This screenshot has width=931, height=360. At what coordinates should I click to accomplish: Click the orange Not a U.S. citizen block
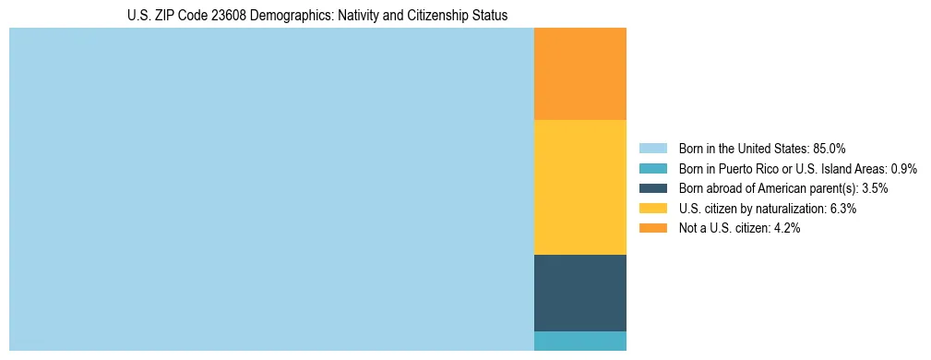pos(579,74)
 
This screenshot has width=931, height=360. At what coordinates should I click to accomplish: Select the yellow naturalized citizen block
pos(579,187)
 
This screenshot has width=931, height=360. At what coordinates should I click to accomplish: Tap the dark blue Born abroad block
pos(579,293)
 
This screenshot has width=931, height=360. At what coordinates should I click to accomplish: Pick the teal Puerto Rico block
pos(579,341)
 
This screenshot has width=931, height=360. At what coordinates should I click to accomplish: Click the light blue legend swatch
pos(652,148)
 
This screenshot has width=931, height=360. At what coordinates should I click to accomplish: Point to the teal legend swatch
pos(652,168)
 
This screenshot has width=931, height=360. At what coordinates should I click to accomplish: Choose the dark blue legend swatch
pos(652,188)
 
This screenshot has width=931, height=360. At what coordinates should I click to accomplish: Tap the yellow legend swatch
pos(652,209)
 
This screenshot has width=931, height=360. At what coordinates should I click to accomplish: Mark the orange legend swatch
pos(652,228)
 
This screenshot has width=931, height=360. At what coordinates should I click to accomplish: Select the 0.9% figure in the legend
pos(903,168)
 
